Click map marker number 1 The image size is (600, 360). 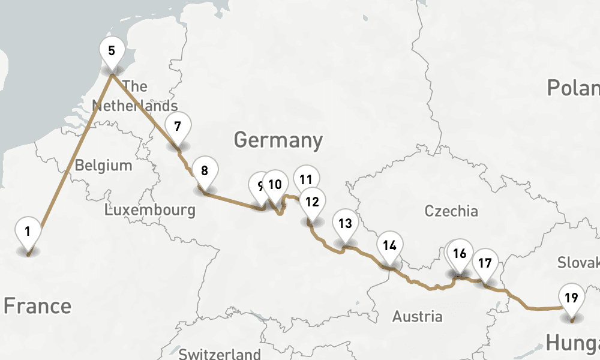tap(28, 231)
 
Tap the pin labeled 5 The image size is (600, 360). tap(112, 50)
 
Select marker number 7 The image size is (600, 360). tap(177, 127)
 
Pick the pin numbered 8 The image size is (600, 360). tap(205, 171)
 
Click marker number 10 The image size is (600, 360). tap(275, 185)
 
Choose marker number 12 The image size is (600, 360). tap(312, 202)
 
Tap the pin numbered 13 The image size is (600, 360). tap(345, 224)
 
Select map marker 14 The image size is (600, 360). tap(390, 245)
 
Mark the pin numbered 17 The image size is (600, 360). tap(485, 263)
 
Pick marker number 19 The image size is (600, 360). tap(571, 297)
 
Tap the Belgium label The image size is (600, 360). tap(103, 165)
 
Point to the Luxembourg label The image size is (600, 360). tap(149, 210)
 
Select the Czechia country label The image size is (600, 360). tap(451, 211)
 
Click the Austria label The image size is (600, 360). tap(418, 316)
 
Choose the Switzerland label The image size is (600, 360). tap(220, 353)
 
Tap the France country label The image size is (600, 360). tap(37, 306)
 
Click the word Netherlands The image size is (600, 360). tap(135, 106)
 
